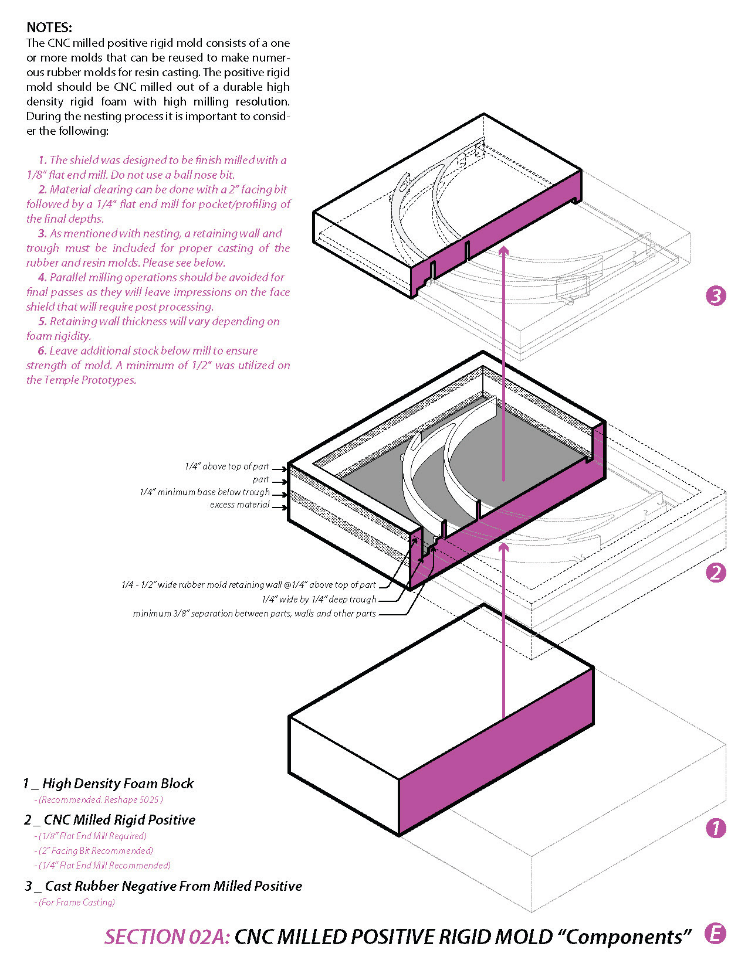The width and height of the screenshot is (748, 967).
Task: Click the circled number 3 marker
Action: click(716, 295)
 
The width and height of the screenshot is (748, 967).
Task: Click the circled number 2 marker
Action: click(716, 573)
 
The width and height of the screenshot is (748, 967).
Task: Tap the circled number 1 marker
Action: click(716, 828)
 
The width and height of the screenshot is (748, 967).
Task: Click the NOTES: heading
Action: click(49, 28)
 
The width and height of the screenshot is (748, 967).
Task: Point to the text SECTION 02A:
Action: click(167, 937)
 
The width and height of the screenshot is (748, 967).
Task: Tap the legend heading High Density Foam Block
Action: click(117, 784)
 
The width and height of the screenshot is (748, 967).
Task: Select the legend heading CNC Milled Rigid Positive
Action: click(119, 820)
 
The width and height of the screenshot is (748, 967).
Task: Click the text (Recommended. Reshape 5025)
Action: click(100, 800)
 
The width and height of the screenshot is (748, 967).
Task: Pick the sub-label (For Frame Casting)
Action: click(76, 903)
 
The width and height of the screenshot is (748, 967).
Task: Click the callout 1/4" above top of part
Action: click(226, 467)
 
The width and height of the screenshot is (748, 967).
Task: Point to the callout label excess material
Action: click(239, 505)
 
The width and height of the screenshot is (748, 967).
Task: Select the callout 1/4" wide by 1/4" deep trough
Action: click(319, 600)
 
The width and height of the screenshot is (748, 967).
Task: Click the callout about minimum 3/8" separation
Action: click(254, 614)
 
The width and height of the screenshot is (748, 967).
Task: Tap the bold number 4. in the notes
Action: click(42, 277)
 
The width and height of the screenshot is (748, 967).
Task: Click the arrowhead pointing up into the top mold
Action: click(503, 250)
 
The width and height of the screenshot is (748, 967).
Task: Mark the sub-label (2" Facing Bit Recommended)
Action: click(95, 851)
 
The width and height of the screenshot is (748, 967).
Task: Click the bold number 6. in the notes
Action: click(42, 350)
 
